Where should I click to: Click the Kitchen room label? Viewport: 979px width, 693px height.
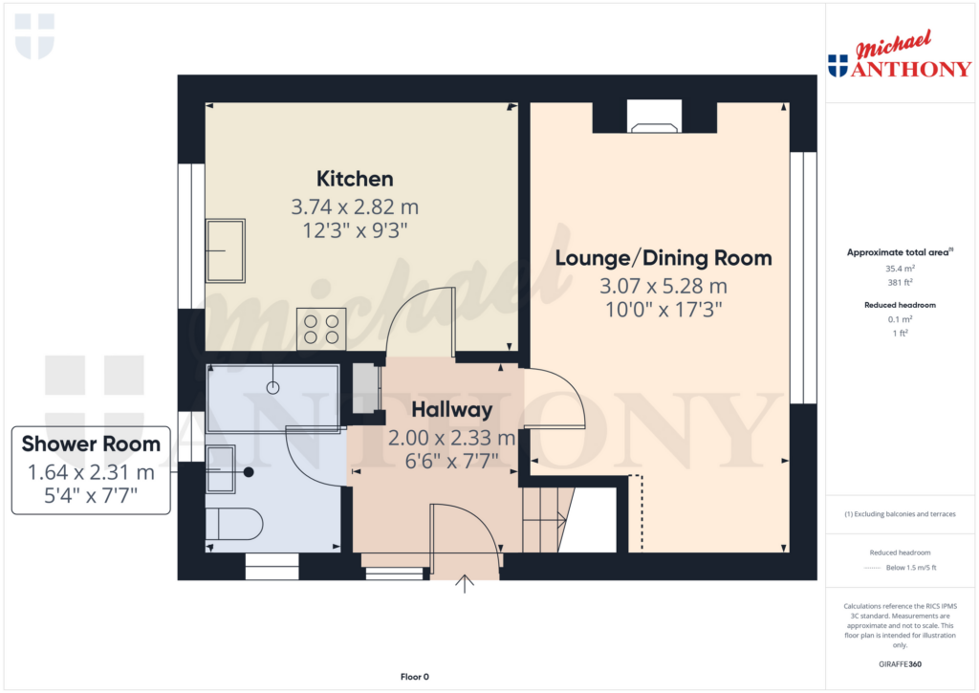pyautogui.click(x=355, y=179)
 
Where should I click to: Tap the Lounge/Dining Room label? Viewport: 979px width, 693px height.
pyautogui.click(x=664, y=258)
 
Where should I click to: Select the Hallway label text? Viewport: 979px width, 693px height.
pyautogui.click(x=452, y=409)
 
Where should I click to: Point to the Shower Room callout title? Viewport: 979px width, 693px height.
pyautogui.click(x=91, y=444)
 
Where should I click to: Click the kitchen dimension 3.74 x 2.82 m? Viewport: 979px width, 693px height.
pyautogui.click(x=355, y=206)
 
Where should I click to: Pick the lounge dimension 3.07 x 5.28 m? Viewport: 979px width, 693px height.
pyautogui.click(x=664, y=286)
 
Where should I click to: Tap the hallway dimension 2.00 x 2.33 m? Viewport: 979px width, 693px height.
pyautogui.click(x=451, y=439)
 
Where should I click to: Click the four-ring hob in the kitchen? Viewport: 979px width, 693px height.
pyautogui.click(x=321, y=329)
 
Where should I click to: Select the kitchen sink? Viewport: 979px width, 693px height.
pyautogui.click(x=226, y=250)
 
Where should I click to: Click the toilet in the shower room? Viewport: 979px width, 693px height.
pyautogui.click(x=234, y=524)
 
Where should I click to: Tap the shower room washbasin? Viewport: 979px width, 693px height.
pyautogui.click(x=221, y=469)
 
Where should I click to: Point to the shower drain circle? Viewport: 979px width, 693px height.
pyautogui.click(x=272, y=388)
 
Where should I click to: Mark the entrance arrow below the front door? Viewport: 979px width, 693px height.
pyautogui.click(x=465, y=584)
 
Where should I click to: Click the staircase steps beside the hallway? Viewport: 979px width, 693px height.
pyautogui.click(x=544, y=519)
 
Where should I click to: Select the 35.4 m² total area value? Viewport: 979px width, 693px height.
pyautogui.click(x=900, y=269)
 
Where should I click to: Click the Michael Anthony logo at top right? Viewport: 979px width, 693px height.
pyautogui.click(x=900, y=54)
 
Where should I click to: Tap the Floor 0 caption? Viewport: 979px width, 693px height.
pyautogui.click(x=415, y=677)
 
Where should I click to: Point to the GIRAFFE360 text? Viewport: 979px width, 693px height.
pyautogui.click(x=900, y=664)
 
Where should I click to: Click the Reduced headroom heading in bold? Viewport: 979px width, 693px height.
pyautogui.click(x=900, y=305)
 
